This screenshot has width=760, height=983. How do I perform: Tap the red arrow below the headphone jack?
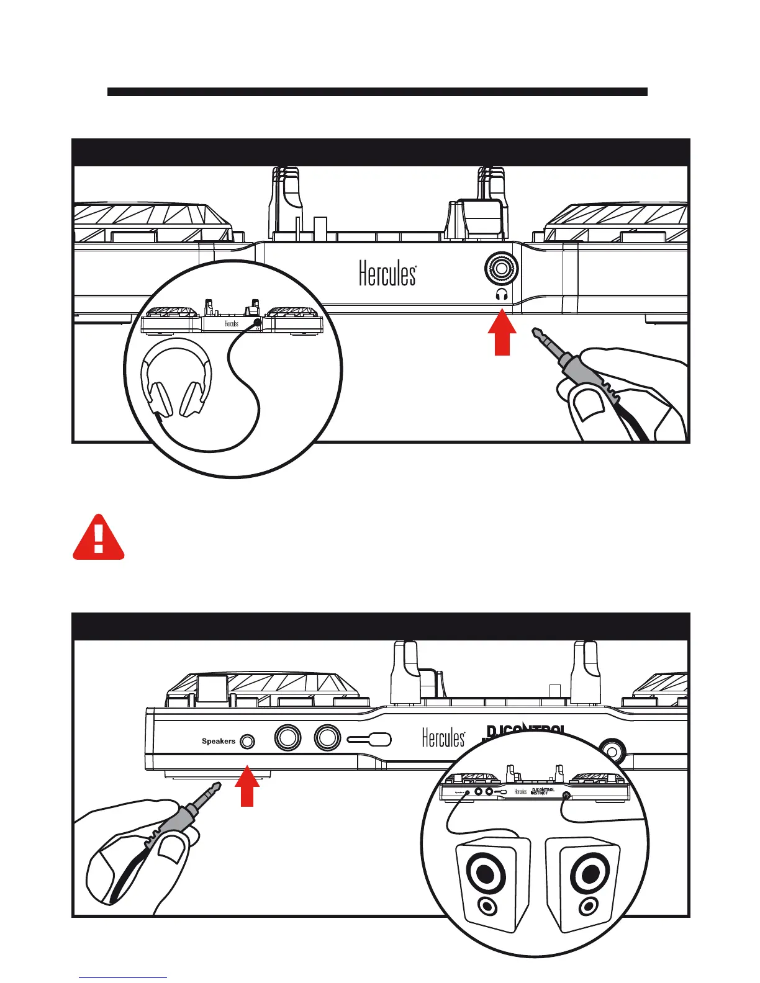click(x=502, y=335)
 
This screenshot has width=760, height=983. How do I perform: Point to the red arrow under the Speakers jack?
click(x=247, y=787)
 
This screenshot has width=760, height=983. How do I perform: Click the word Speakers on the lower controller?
click(x=218, y=741)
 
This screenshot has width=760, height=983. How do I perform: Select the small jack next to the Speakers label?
click(x=247, y=741)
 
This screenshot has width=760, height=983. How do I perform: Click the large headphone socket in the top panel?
click(x=502, y=269)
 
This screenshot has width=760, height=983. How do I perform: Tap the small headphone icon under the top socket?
click(x=502, y=295)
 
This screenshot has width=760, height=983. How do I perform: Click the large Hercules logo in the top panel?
click(x=387, y=274)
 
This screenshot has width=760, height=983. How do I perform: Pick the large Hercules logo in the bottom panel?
click(x=443, y=738)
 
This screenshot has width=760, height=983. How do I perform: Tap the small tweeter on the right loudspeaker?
click(x=586, y=908)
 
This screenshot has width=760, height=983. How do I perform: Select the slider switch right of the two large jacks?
click(x=369, y=740)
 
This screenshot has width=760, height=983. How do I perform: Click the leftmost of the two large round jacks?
click(x=287, y=738)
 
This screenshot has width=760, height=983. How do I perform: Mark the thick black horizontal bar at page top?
click(x=377, y=92)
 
